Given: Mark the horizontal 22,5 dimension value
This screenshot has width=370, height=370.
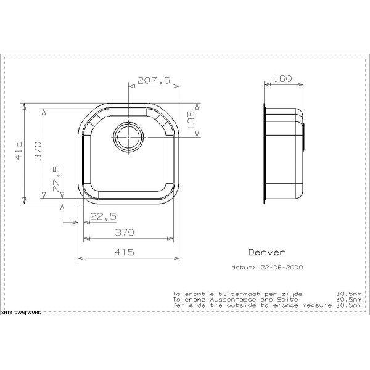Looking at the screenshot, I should [103, 216].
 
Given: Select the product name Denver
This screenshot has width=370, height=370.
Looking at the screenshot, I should [266, 252].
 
